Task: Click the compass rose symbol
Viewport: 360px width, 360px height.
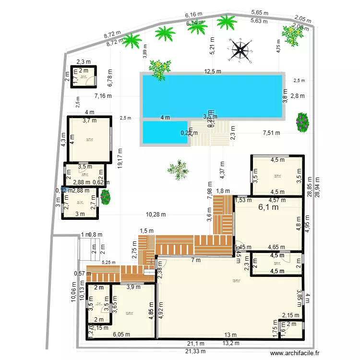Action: click(240, 50)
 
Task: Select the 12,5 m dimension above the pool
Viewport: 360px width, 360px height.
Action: click(213, 72)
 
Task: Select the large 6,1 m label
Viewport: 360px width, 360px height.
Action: click(268, 208)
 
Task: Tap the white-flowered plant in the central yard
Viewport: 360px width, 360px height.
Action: click(178, 169)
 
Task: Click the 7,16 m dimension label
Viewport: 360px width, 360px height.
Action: click(103, 96)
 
